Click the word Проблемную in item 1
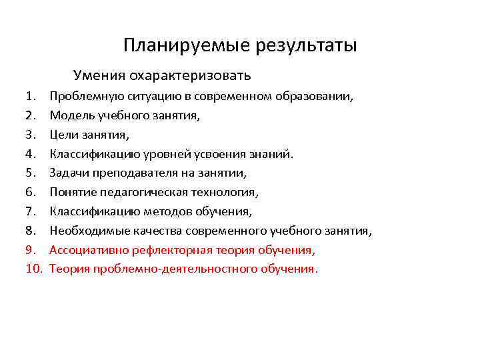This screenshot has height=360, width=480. point(85,97)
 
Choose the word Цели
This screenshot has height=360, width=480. point(64,135)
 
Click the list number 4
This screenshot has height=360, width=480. point(32,155)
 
